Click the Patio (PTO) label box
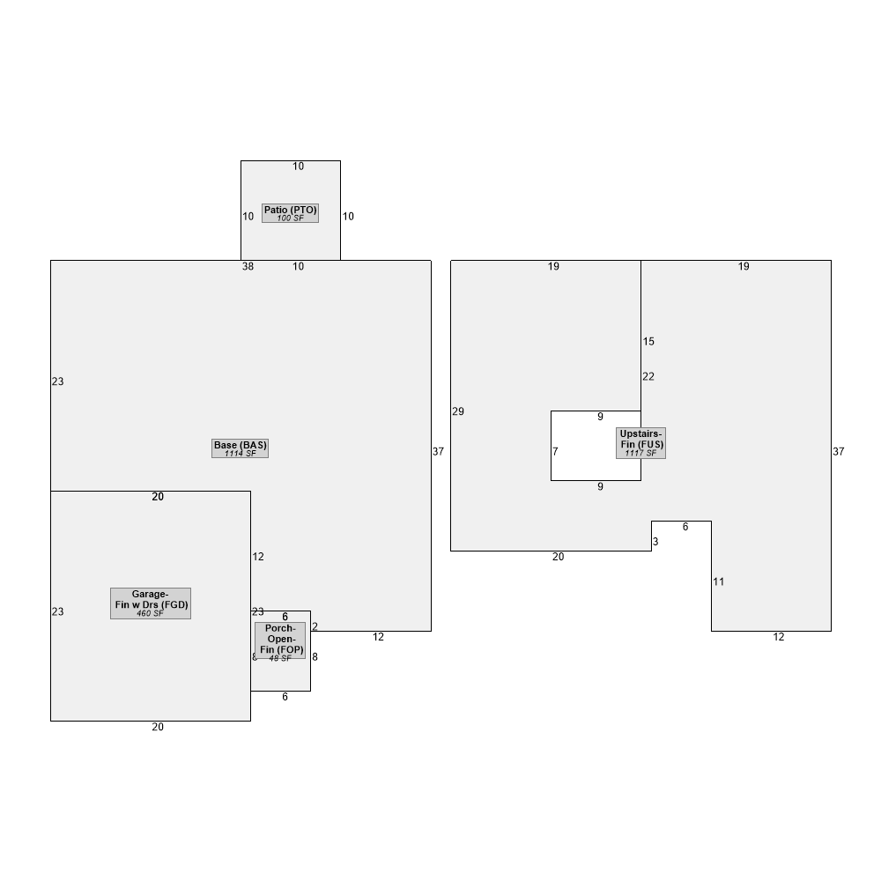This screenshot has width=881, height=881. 290,213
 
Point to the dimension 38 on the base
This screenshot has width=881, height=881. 248,266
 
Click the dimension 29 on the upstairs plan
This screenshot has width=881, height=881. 458,411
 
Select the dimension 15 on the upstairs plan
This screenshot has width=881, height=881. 648,341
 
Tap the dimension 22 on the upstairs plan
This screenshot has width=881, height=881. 648,376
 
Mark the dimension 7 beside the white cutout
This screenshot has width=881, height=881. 555,451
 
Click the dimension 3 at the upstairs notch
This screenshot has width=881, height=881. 655,542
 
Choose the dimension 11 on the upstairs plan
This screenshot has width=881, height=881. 719,581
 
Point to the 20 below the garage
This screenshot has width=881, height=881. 158,727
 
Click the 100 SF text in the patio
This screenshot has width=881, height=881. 290,218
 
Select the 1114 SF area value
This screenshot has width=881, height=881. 240,454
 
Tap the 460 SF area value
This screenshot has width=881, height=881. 150,613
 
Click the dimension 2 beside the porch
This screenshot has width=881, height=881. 315,626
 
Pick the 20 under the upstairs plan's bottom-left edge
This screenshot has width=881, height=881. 558,556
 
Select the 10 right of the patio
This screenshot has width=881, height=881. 348,217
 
